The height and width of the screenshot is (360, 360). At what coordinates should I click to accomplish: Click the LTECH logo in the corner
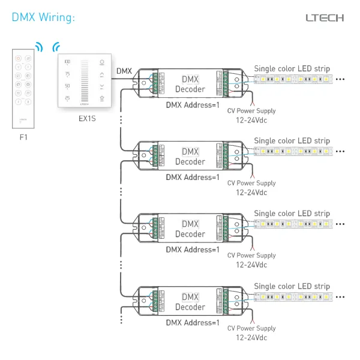click(x=325, y=17)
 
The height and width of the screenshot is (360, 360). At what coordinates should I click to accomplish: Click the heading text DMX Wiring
click(x=43, y=17)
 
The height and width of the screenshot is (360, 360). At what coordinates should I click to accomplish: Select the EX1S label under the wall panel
click(x=88, y=118)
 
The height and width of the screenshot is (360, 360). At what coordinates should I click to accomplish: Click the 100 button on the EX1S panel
click(x=67, y=62)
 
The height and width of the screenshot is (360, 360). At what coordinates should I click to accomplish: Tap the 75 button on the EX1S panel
click(x=67, y=74)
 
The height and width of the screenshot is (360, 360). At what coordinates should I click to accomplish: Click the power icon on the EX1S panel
click(x=101, y=62)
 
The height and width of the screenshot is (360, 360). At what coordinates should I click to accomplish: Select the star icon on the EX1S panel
click(x=101, y=98)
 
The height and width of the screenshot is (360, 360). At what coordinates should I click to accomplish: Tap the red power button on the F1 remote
click(x=18, y=59)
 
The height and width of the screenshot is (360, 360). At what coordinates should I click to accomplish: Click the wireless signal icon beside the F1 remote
click(x=39, y=47)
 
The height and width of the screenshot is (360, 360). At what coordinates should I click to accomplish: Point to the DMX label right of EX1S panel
click(x=124, y=71)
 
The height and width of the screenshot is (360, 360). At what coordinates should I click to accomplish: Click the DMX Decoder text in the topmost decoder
click(x=190, y=84)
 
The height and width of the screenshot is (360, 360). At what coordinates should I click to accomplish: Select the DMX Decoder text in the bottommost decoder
click(x=190, y=302)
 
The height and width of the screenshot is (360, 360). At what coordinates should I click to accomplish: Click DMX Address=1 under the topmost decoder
click(x=193, y=105)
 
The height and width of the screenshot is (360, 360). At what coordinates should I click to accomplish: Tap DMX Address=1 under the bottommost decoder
click(x=193, y=323)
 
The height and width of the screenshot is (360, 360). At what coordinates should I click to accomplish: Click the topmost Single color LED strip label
click(x=292, y=68)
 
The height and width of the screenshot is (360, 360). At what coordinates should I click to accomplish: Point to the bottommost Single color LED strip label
click(x=292, y=286)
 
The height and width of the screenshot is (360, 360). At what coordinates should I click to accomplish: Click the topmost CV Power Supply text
click(x=251, y=110)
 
